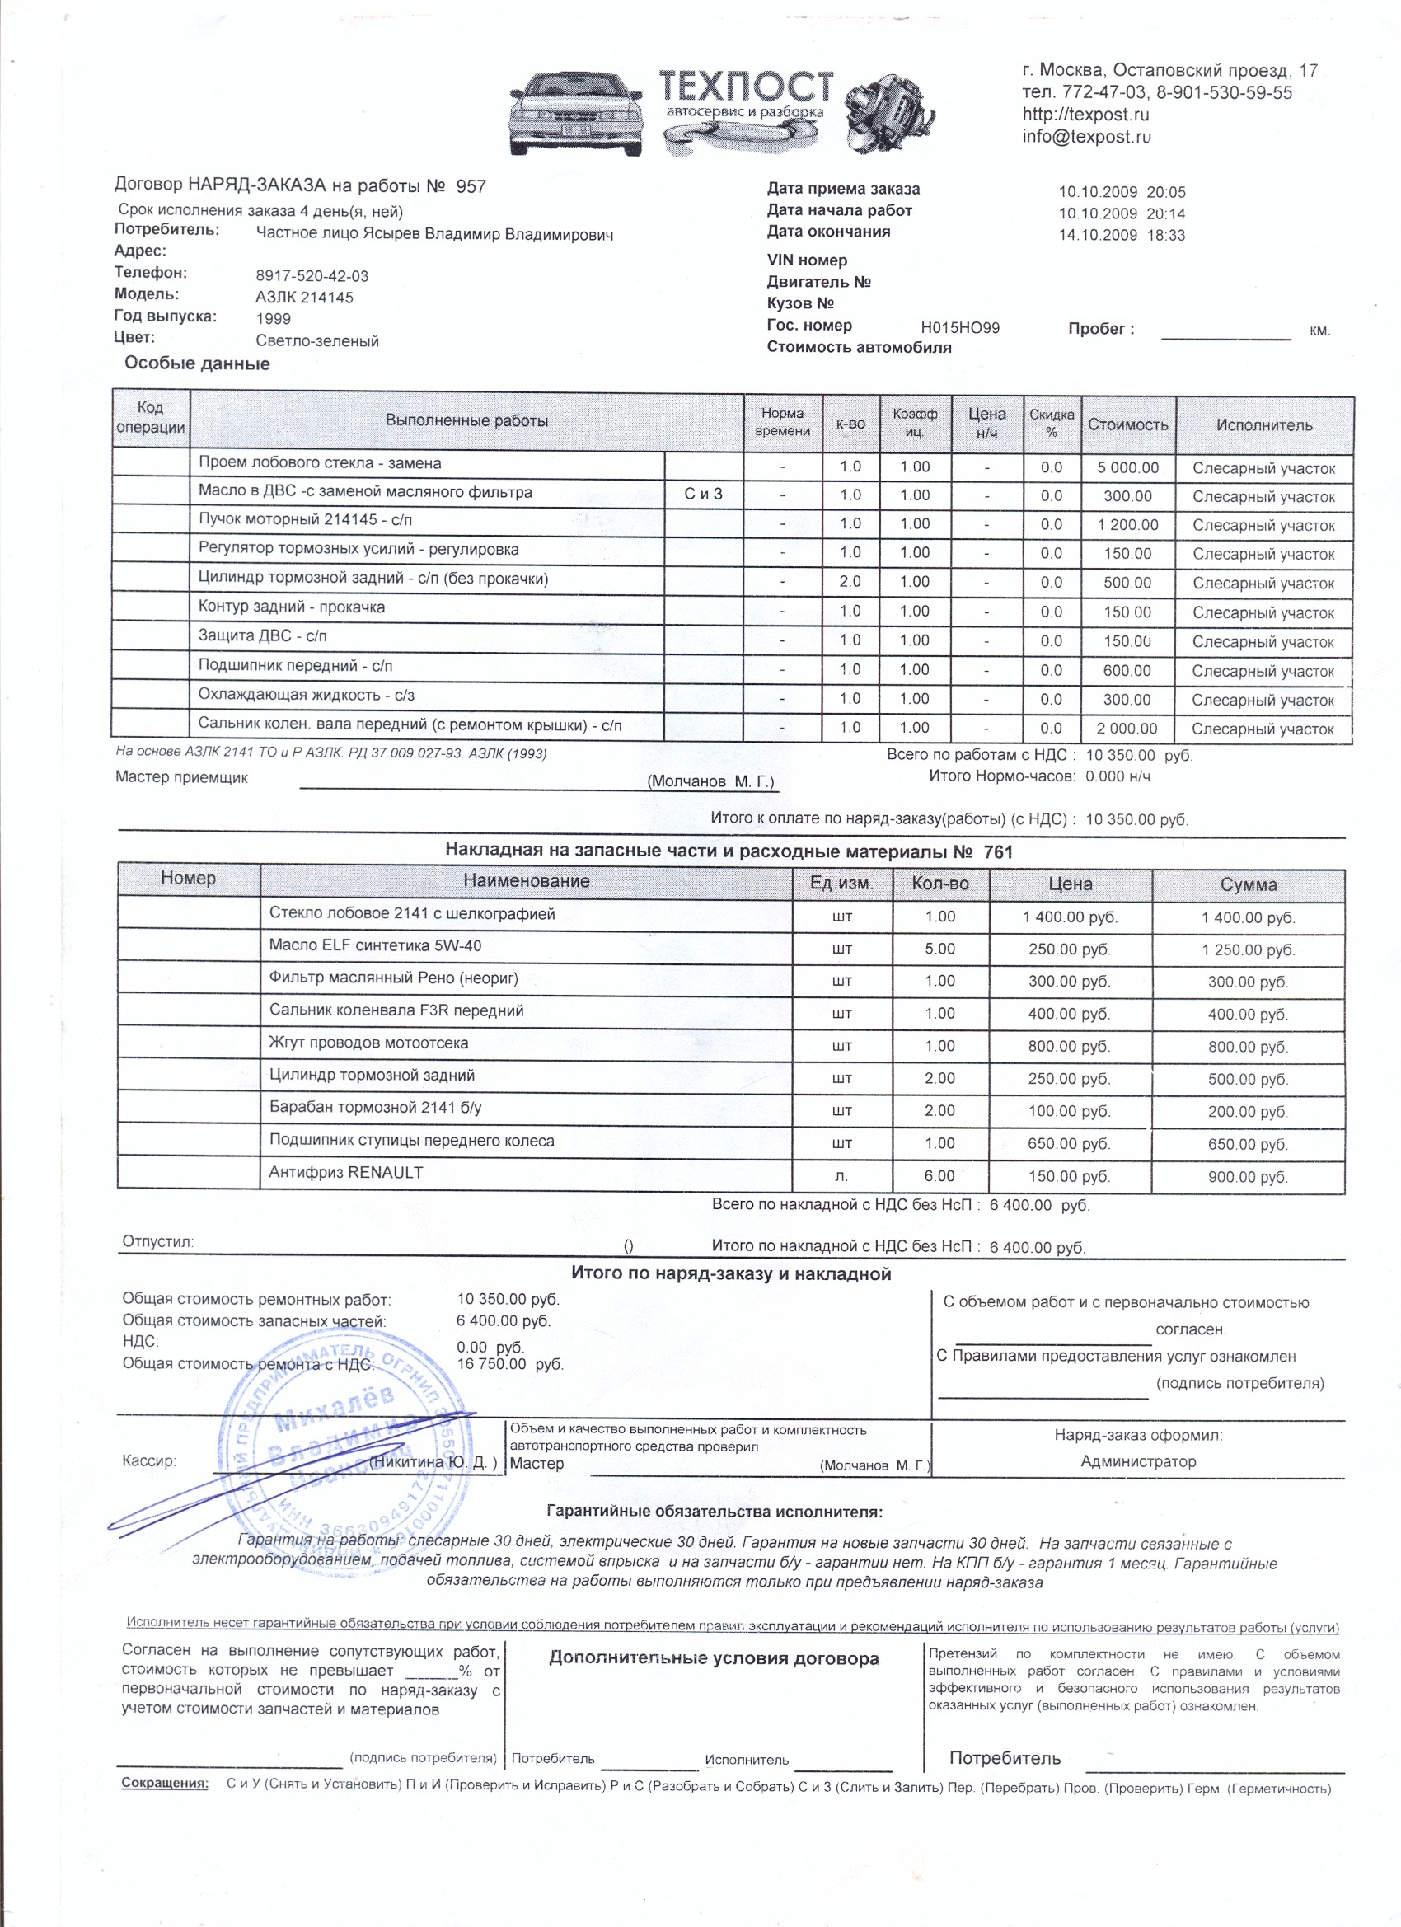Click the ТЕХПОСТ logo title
(x=746, y=87)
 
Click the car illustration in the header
(x=576, y=115)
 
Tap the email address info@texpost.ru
(x=1087, y=137)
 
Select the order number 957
(x=471, y=187)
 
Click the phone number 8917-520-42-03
(x=312, y=276)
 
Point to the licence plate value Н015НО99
(x=960, y=328)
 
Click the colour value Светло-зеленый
(x=317, y=340)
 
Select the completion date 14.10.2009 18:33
(x=1121, y=236)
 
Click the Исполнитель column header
(x=1263, y=424)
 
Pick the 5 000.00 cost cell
(x=1127, y=467)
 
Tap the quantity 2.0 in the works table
(x=850, y=582)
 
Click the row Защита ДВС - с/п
(x=263, y=635)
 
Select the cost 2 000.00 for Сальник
(x=1127, y=728)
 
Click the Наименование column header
(x=526, y=881)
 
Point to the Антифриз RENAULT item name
(x=346, y=1173)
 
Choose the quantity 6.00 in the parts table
(x=939, y=1176)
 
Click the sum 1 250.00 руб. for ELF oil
(x=1247, y=950)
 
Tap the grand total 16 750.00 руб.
(x=510, y=1364)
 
